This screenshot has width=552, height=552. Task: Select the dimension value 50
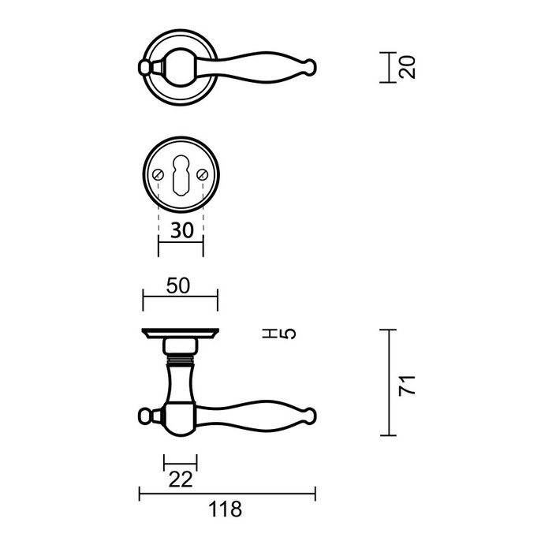click(179, 286)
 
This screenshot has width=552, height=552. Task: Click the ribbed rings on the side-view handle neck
click(180, 364)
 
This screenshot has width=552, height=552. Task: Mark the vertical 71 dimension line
click(388, 383)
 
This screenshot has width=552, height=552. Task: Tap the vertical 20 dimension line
click(388, 67)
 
